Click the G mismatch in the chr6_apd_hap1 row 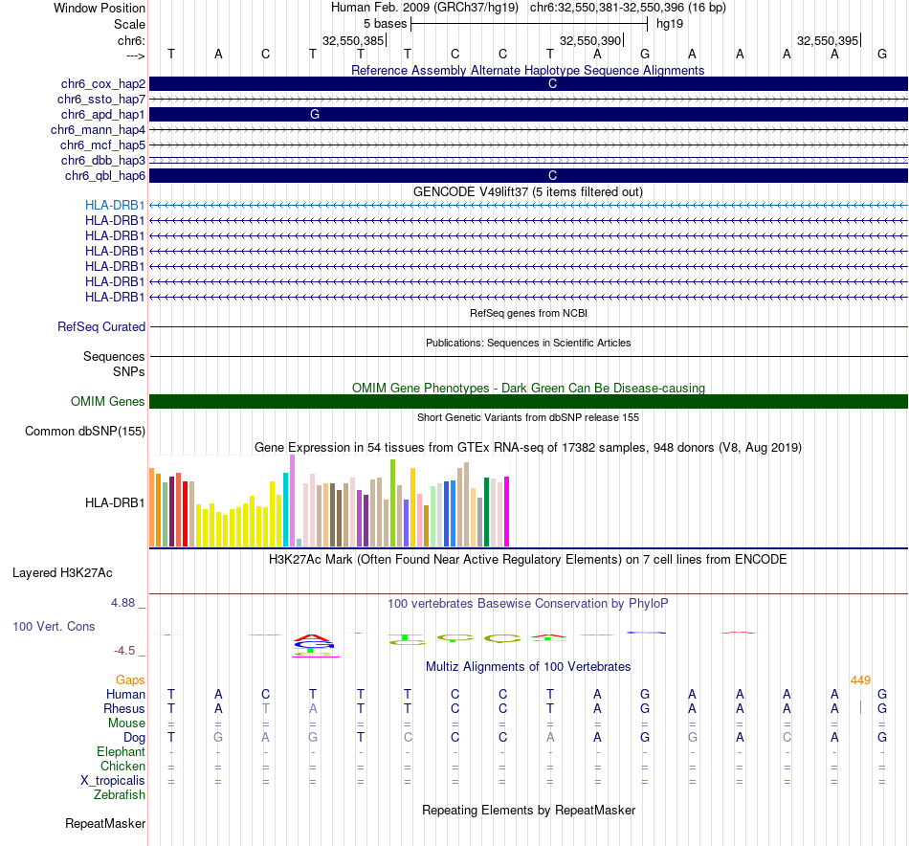tap(314, 114)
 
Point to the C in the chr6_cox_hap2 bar tap(552, 84)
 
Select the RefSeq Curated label tap(101, 326)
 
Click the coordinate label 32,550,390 tap(590, 41)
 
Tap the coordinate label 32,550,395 tap(828, 41)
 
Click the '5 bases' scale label tap(385, 23)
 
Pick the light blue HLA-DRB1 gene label tap(115, 205)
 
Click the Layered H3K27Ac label tap(62, 573)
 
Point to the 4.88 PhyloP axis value tap(124, 603)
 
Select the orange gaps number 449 tap(860, 679)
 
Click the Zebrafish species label tap(120, 794)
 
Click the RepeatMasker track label tap(105, 823)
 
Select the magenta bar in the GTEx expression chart tap(507, 512)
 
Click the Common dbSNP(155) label tap(85, 431)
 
